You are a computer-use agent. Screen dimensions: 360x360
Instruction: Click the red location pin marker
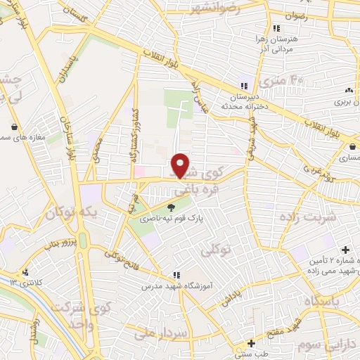(181, 165)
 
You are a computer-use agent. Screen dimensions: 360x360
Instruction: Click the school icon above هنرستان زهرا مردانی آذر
(276, 28)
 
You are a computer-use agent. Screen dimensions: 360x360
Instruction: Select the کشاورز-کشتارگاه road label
(132, 137)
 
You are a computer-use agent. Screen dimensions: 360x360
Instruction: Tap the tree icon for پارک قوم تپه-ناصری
(172, 207)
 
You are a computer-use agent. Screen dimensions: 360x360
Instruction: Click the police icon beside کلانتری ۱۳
(26, 272)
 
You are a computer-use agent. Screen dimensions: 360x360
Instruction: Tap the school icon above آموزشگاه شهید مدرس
(176, 274)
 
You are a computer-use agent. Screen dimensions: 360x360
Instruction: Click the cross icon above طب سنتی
(251, 343)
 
